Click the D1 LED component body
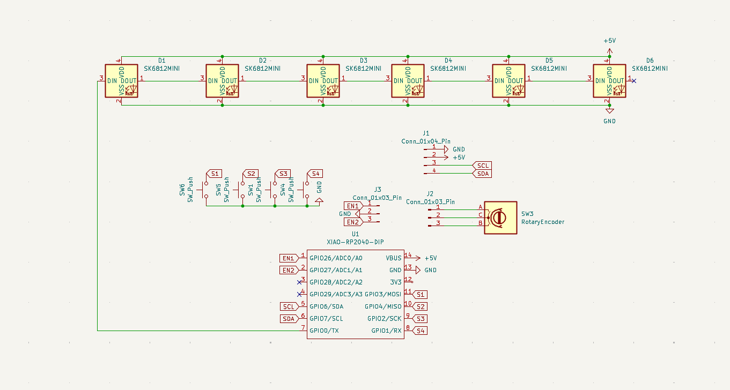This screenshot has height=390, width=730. coord(121,81)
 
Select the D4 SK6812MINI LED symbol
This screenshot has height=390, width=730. coord(408,81)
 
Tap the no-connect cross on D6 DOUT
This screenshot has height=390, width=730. coord(634,81)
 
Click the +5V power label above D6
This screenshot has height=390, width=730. coord(609,41)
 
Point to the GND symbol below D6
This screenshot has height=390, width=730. coord(609,111)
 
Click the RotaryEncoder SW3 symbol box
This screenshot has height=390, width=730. coord(500,217)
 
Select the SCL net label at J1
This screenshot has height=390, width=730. coord(482,166)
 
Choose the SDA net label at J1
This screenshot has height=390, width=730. coord(483,174)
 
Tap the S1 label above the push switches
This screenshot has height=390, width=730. coord(215,174)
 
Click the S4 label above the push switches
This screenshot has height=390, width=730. coord(315,174)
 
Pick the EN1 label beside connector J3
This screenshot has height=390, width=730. coord(352,206)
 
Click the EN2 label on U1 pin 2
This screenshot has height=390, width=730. coord(288,270)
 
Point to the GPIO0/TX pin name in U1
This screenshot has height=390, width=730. coord(324,331)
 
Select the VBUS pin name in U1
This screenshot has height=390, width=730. coord(393,258)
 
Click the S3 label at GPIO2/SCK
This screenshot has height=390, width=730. coord(421,319)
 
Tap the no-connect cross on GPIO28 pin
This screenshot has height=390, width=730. coord(299,282)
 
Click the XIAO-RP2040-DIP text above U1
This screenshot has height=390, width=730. coord(355,242)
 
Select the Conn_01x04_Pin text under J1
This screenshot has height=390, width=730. coord(426,141)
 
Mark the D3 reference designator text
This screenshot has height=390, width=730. coord(364,61)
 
